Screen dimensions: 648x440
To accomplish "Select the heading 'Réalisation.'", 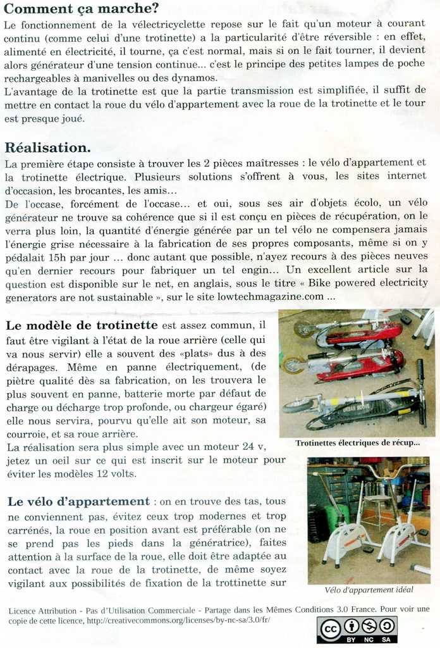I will click(48, 147).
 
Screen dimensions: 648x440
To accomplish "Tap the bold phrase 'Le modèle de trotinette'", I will click(82, 325).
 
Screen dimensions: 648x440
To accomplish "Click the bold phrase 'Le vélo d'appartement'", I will click(79, 502).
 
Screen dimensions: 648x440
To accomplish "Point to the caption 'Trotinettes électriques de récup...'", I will click(357, 443).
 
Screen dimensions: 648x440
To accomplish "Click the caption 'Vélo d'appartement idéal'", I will click(369, 590).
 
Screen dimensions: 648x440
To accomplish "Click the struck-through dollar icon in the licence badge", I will click(370, 626).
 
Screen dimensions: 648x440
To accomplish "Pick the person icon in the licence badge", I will click(351, 626).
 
